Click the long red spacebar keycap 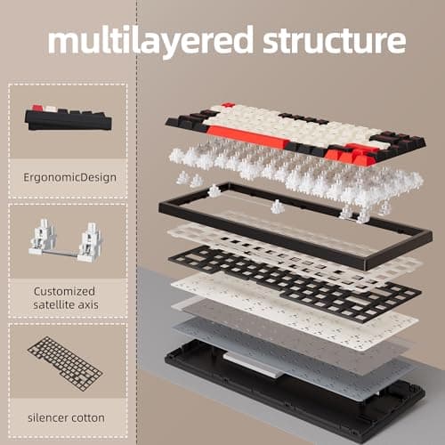point(263,138)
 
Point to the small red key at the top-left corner point(228,106)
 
